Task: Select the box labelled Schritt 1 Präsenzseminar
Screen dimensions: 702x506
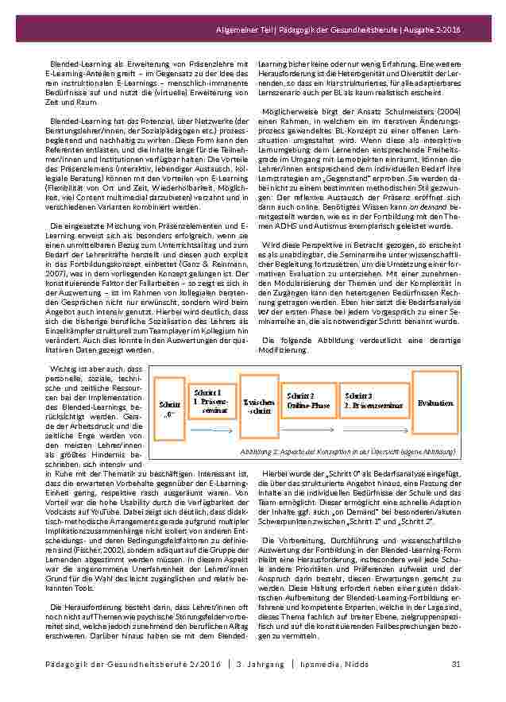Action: (x=212, y=397)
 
